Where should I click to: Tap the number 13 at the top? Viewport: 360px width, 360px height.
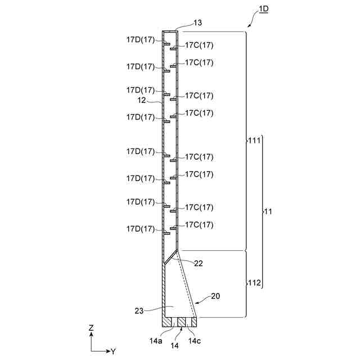point(182,22)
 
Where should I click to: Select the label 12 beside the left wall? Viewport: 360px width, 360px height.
point(142,100)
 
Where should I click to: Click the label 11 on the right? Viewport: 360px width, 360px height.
point(269,211)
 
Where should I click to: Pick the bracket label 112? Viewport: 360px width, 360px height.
point(254,282)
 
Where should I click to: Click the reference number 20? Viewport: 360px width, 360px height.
point(217,295)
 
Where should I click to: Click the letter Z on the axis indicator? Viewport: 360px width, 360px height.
point(91,327)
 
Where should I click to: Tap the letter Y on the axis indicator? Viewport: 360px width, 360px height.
point(113,351)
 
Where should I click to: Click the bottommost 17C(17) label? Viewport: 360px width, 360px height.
point(200,224)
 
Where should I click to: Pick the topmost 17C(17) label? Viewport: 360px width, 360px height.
point(200,45)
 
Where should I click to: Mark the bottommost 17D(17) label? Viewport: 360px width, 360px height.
point(140,229)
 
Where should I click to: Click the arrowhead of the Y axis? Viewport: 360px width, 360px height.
point(107,350)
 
